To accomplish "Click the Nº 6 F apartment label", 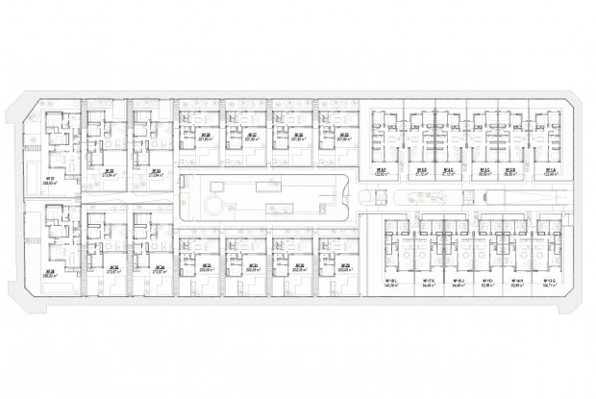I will coord(382,169).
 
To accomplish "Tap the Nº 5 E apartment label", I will coord(420,169).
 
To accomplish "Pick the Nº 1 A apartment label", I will coord(550,169).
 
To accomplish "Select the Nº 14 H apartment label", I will coord(517,281).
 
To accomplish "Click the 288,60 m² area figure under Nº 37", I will coord(48,183).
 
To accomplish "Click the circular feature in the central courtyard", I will coord(212,205).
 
